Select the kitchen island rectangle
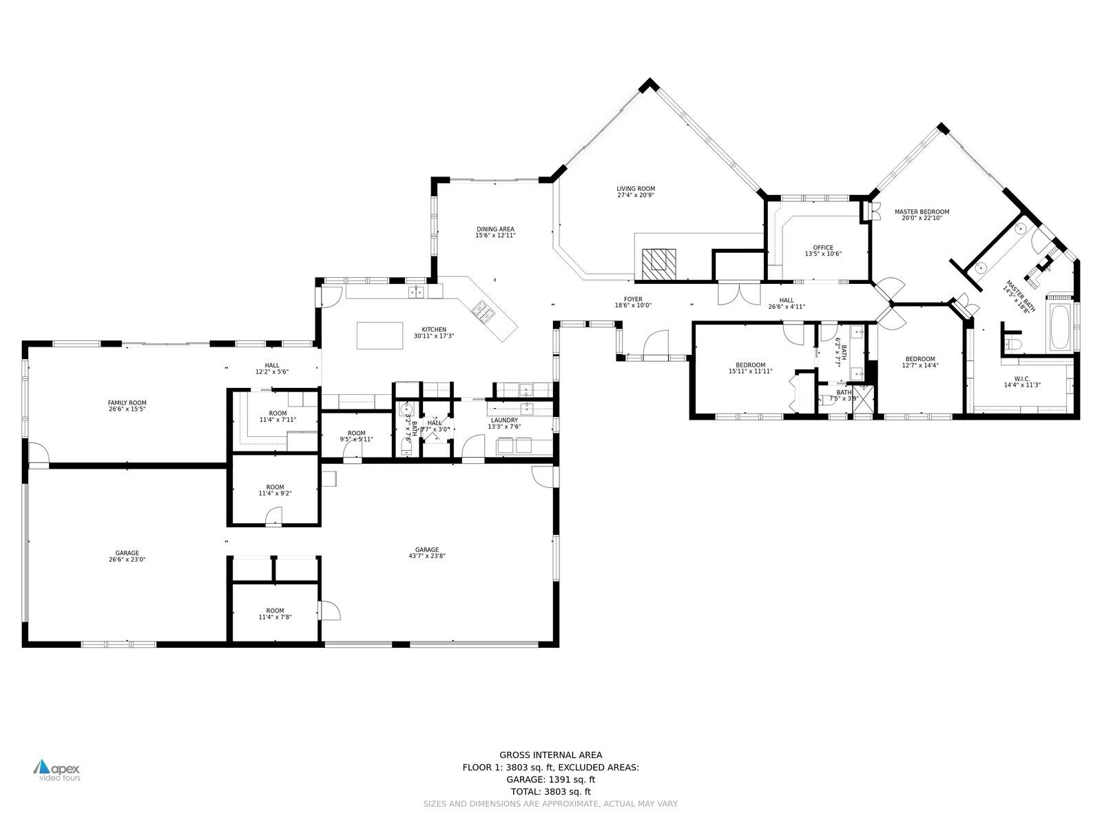pyautogui.click(x=380, y=335)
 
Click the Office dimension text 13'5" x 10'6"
pyautogui.click(x=823, y=254)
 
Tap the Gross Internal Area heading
pyautogui.click(x=550, y=755)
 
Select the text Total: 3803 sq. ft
pyautogui.click(x=550, y=792)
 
